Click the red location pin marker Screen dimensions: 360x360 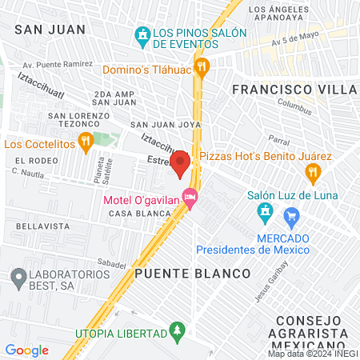coord(180,163)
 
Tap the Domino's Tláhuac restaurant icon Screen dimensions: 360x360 coord(202,67)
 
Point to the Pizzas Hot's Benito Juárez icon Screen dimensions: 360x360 coord(314,170)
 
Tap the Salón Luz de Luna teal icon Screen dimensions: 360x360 coord(263,212)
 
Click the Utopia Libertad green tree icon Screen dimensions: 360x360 coord(178,330)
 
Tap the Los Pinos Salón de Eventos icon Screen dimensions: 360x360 coord(142,35)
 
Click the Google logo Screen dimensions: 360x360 coord(26,350)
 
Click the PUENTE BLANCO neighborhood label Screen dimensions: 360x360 coord(192,273)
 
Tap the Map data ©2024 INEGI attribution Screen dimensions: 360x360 coord(312,353)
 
